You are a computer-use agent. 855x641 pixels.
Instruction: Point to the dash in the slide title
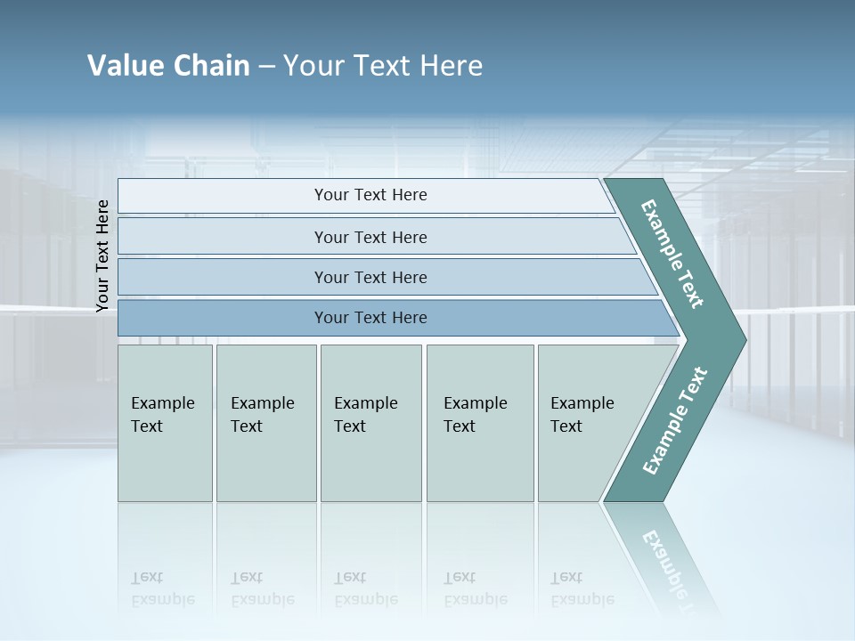(266, 67)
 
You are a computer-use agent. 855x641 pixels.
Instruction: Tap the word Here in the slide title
(451, 66)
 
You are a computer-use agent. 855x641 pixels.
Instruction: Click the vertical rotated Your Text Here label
(102, 256)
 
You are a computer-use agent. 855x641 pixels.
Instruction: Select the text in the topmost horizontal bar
(370, 195)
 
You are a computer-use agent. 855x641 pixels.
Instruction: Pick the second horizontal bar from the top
(370, 237)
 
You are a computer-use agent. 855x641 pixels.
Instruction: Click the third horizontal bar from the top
(370, 277)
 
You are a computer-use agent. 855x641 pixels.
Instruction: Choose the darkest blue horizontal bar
(370, 318)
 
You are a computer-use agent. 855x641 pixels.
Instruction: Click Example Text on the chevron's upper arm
(672, 254)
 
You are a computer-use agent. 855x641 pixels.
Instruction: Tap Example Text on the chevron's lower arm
(674, 421)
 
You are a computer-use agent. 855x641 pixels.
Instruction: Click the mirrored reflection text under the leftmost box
(163, 588)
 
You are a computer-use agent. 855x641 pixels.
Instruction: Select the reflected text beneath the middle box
(365, 588)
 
